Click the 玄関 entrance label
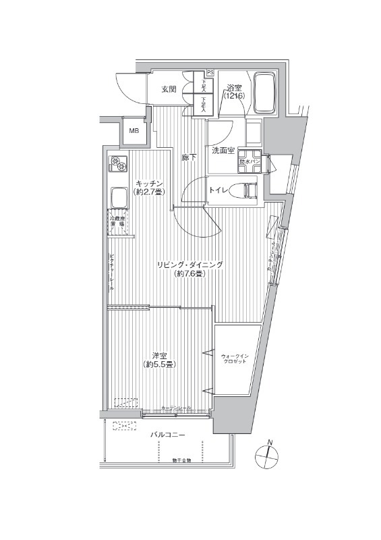point(169,88)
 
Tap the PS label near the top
point(210,73)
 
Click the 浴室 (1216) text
point(235,92)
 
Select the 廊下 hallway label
point(189,158)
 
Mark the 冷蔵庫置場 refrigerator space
point(119,222)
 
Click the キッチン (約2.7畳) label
point(147,187)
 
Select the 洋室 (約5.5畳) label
point(160,360)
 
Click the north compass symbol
point(268,456)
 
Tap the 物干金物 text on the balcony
point(181,460)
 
